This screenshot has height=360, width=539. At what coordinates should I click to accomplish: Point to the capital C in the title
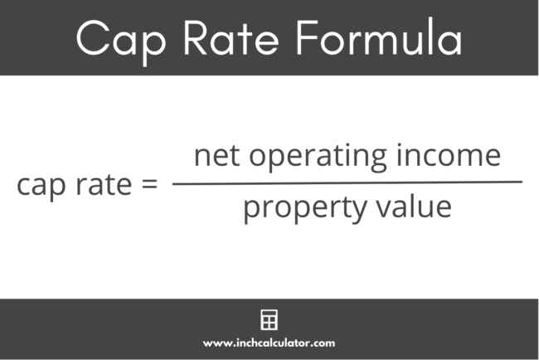pos(93,39)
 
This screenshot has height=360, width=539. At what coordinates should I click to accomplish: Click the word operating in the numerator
pos(327,158)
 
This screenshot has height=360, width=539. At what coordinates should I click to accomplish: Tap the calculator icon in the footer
pos(269,319)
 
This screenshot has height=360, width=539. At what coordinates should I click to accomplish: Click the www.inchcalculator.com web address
pos(269,342)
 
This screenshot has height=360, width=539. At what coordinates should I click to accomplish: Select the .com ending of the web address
pos(323,342)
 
